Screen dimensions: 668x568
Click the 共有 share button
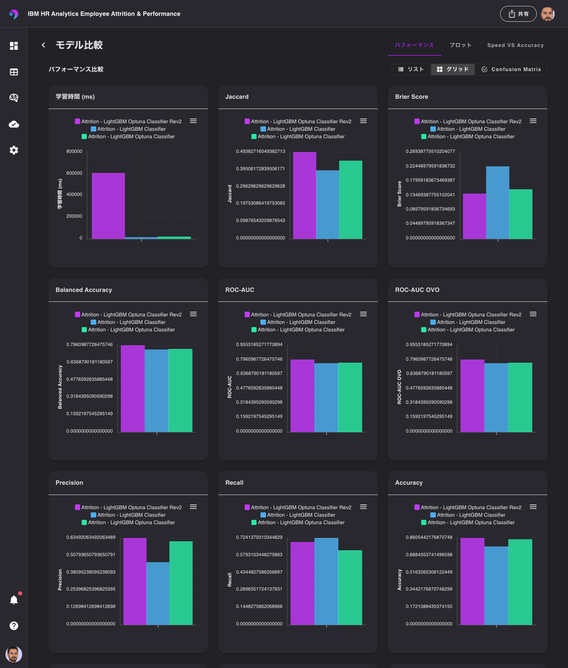[518, 14]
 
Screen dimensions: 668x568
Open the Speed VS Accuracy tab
[515, 45]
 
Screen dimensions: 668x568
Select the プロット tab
[460, 45]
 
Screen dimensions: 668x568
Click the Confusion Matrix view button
[511, 69]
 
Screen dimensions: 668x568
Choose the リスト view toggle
[411, 69]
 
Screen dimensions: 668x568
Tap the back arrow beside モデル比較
[43, 45]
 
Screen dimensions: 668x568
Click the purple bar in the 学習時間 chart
[108, 205]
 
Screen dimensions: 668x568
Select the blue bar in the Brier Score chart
[497, 202]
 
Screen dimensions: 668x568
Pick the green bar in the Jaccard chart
[351, 199]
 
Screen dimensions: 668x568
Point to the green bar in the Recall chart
[350, 587]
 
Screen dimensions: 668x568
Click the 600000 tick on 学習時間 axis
[74, 173]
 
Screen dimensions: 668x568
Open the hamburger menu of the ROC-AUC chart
[363, 314]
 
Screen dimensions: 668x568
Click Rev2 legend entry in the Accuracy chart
[471, 508]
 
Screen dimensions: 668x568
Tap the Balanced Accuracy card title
[84, 290]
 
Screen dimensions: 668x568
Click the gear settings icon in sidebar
[14, 150]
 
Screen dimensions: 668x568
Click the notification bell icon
[14, 600]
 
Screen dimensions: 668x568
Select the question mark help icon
[14, 626]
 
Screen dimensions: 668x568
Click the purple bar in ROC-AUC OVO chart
[472, 395]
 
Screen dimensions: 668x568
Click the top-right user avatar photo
[547, 14]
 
